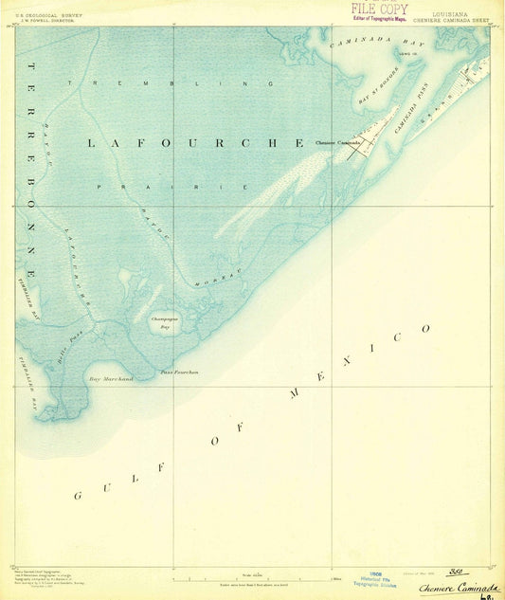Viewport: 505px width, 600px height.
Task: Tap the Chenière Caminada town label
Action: tap(335, 142)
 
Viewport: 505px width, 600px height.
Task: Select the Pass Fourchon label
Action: tap(179, 373)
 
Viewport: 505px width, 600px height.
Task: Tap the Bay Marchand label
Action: tap(111, 379)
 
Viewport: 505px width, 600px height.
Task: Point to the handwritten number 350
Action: tap(459, 572)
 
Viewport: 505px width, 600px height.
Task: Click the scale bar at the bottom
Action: tap(252, 576)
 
